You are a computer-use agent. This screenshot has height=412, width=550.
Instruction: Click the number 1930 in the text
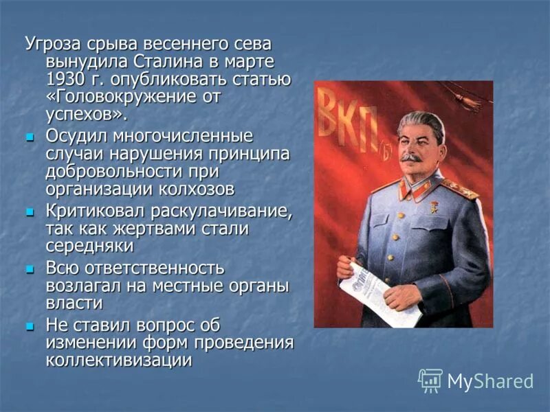coord(64,79)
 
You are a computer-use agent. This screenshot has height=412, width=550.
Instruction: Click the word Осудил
coord(75,135)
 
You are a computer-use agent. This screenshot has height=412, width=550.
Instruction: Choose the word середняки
coord(89,246)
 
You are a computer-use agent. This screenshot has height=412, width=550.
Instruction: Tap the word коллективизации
coord(118,360)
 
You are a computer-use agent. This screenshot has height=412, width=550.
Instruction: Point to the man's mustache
coord(411,157)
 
